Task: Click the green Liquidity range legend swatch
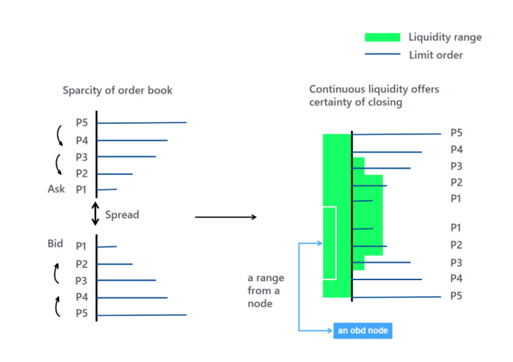(x=382, y=37)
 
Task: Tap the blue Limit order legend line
(x=382, y=54)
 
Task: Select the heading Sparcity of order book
(x=117, y=90)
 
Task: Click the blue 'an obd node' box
(x=362, y=331)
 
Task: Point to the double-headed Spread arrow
(x=95, y=214)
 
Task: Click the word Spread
(x=122, y=215)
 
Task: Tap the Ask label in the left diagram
(x=56, y=189)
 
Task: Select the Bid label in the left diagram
(x=56, y=244)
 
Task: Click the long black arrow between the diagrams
(x=226, y=217)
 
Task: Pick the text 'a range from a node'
(x=265, y=291)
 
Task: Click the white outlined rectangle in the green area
(x=329, y=243)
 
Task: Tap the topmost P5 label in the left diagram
(x=81, y=123)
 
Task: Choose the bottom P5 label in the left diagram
(x=81, y=313)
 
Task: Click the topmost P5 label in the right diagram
(x=457, y=133)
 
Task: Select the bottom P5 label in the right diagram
(x=457, y=296)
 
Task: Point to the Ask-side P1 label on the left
(x=81, y=190)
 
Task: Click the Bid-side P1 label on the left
(x=81, y=245)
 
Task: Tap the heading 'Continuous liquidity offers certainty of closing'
(x=374, y=96)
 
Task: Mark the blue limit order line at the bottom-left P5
(x=141, y=315)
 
